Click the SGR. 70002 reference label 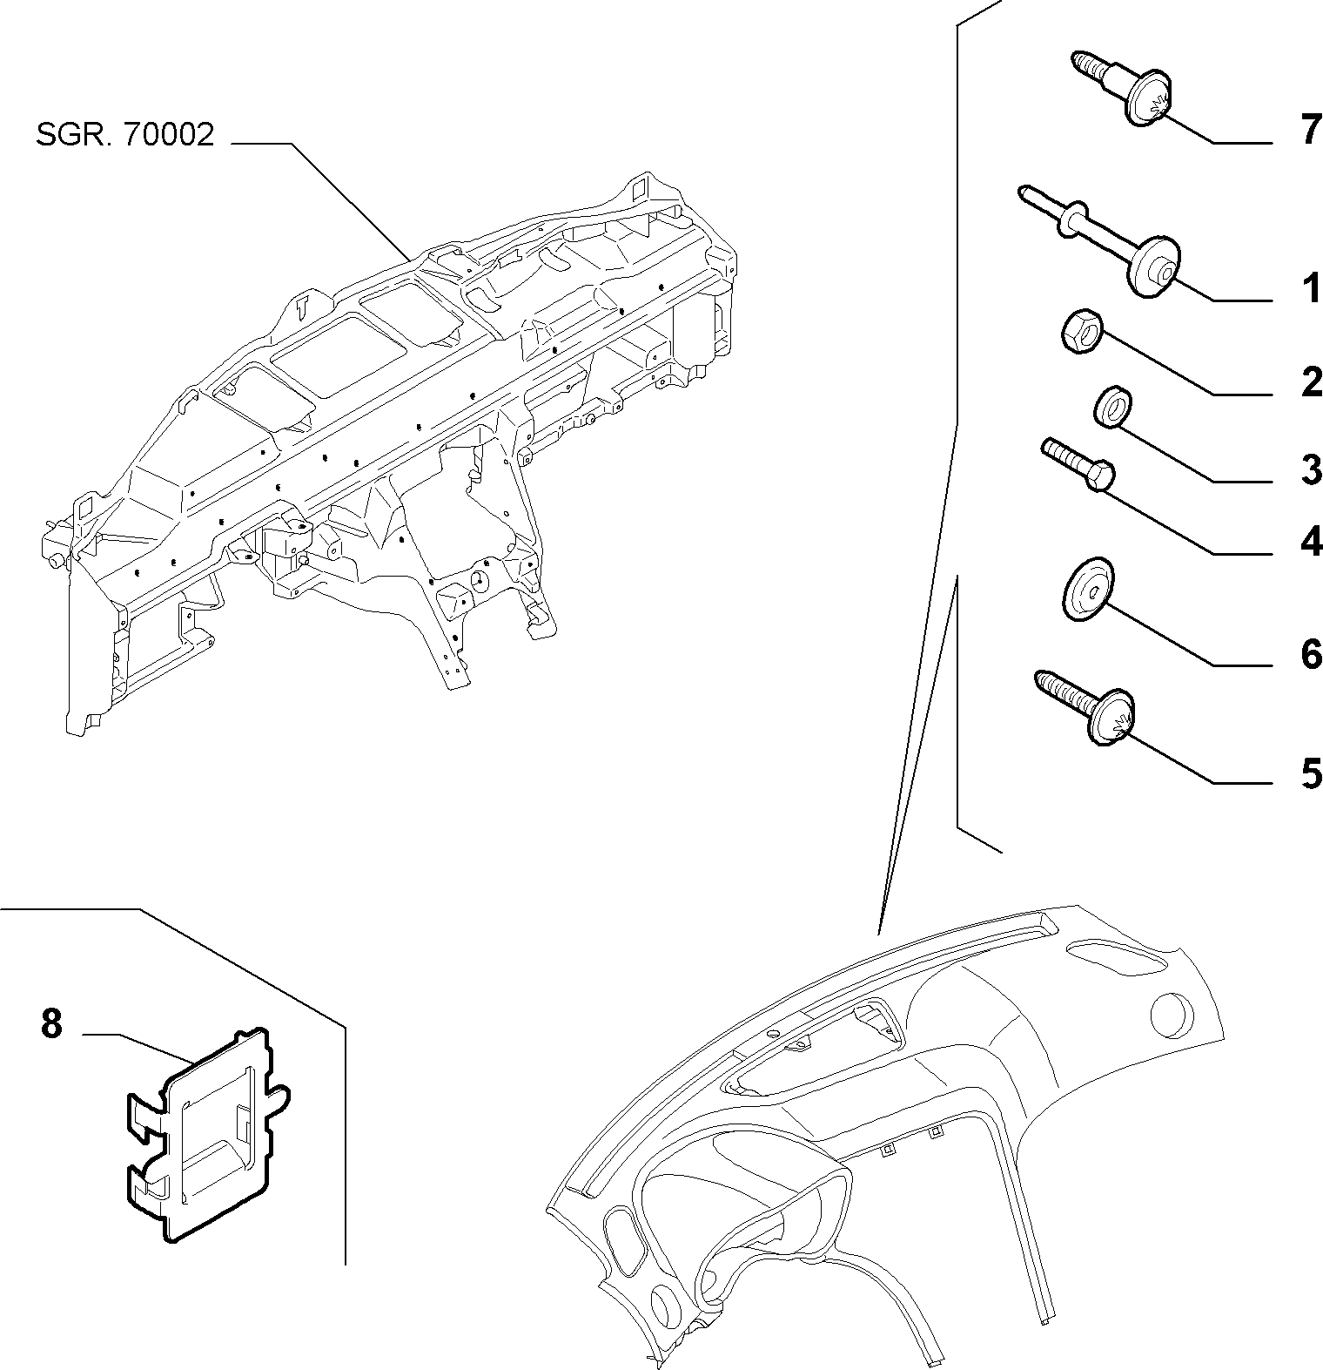(124, 135)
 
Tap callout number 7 (1310, 131)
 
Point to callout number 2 (1311, 382)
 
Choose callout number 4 (1311, 543)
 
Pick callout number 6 (1311, 654)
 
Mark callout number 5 (1311, 773)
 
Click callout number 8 (51, 1023)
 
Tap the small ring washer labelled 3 (1111, 409)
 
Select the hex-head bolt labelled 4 (1079, 467)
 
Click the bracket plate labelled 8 (205, 1132)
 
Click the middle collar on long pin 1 (1075, 220)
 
